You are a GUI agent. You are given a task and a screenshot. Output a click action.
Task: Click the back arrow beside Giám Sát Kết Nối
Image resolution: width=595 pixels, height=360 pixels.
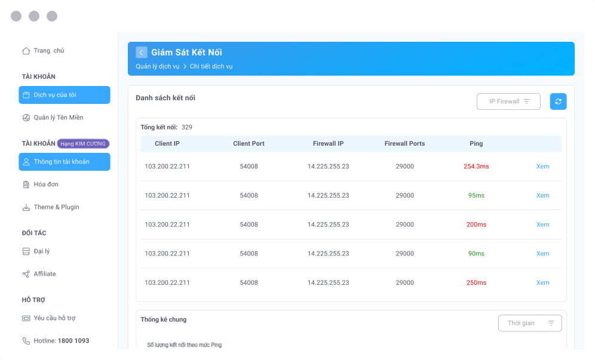point(142,53)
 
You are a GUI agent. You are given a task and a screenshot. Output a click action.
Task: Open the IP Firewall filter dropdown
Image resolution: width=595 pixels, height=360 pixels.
point(508,101)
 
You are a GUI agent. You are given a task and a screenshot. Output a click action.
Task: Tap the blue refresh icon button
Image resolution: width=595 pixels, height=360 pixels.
point(558,101)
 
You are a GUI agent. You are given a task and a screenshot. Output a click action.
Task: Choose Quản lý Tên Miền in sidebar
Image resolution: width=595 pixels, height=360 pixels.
point(58,118)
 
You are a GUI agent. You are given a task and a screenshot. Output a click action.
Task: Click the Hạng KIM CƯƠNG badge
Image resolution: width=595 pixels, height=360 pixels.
point(84,143)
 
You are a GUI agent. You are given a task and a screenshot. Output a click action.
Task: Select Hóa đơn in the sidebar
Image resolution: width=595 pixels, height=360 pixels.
point(46,184)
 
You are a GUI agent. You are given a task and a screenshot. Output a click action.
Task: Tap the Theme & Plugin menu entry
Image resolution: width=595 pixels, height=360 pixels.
point(56,207)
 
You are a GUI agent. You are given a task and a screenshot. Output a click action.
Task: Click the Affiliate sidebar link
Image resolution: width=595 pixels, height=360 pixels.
point(45,274)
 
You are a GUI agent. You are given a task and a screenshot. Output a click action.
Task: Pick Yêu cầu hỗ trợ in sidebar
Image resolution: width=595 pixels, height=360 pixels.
point(54,318)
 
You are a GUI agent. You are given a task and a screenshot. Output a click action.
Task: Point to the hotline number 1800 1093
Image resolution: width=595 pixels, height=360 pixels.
point(73,341)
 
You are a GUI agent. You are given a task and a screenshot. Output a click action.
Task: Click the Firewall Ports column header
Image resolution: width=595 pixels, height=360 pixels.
point(404,144)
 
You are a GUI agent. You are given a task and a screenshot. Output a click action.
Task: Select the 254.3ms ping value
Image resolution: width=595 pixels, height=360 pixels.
point(476,167)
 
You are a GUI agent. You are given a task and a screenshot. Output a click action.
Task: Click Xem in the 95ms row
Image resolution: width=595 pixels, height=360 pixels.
point(542,196)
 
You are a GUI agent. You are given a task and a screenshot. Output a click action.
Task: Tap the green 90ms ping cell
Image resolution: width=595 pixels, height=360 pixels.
point(476,254)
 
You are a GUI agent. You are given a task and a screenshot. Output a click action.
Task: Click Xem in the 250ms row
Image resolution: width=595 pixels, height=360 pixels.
point(542,283)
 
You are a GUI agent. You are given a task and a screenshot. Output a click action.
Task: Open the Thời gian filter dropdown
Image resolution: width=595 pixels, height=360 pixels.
point(530,323)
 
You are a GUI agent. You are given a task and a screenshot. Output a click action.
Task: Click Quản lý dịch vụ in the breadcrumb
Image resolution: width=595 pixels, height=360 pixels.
point(158,66)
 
